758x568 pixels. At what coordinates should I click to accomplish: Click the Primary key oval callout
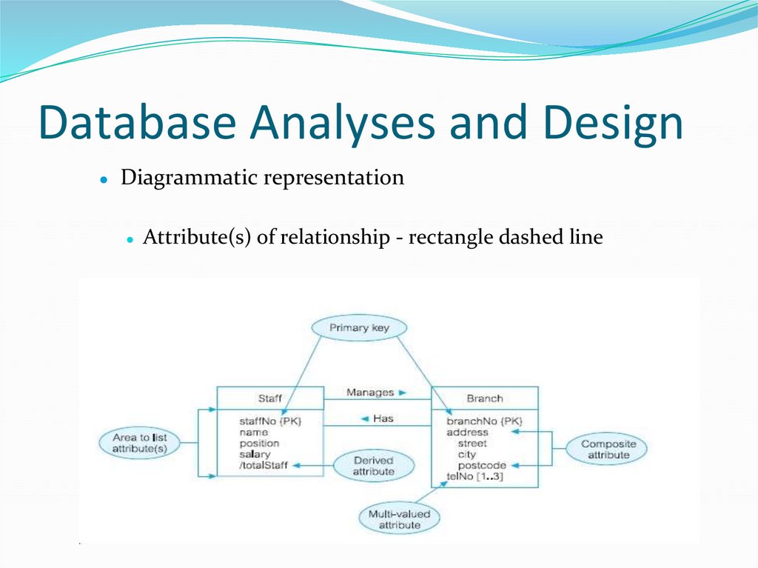coord(359,327)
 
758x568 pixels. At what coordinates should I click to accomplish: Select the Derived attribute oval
coord(373,466)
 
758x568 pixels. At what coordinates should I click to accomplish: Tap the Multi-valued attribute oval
coord(399,519)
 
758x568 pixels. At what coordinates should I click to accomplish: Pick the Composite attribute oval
coord(608,450)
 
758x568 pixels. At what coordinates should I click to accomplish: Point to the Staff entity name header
coord(269,398)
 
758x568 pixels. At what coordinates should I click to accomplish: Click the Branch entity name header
coord(484,398)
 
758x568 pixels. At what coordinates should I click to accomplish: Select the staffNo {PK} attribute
coord(270,421)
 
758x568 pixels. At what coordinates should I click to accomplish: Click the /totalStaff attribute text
coord(263,465)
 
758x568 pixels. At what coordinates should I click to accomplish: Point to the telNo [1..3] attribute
coord(474,476)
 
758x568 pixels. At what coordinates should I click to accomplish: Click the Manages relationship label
coord(370,392)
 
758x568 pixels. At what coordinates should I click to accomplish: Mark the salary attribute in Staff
coord(255,454)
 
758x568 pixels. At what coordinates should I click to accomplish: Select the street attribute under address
coord(472,443)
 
